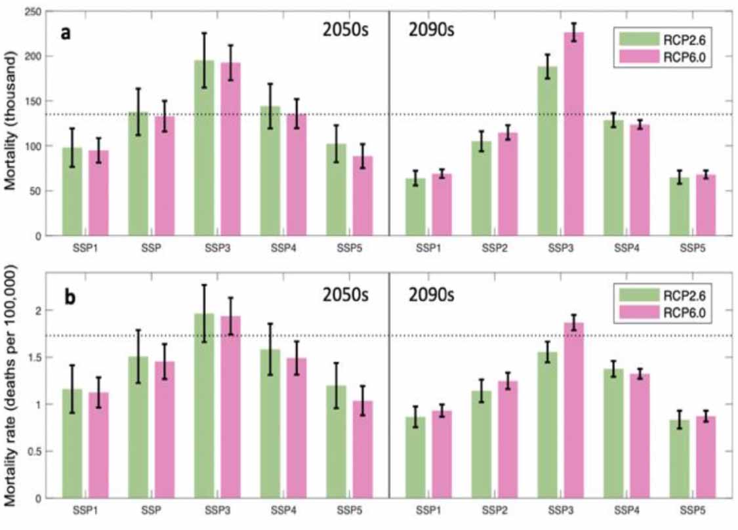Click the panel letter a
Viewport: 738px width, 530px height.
click(66, 32)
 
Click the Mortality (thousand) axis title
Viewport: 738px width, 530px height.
click(11, 124)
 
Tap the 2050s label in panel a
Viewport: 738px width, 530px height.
click(348, 31)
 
